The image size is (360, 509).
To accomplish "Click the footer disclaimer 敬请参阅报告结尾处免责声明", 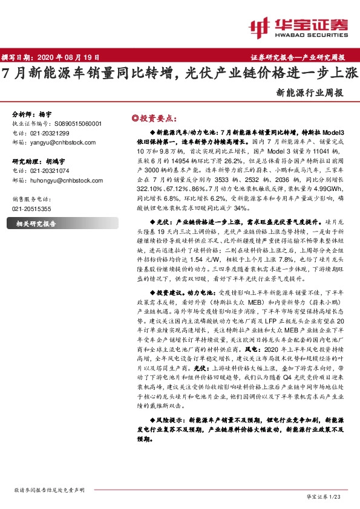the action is click(x=49, y=490).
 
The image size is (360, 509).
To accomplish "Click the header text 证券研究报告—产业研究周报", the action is click(x=298, y=57).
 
